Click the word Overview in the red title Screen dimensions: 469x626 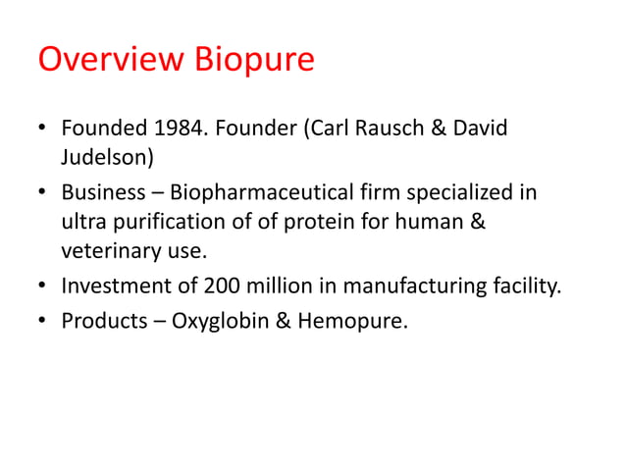click(109, 61)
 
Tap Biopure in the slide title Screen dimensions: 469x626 click(251, 61)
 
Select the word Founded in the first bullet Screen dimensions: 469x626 click(103, 129)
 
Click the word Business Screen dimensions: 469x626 click(102, 192)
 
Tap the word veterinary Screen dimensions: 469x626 click(107, 251)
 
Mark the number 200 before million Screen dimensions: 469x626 click(222, 286)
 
